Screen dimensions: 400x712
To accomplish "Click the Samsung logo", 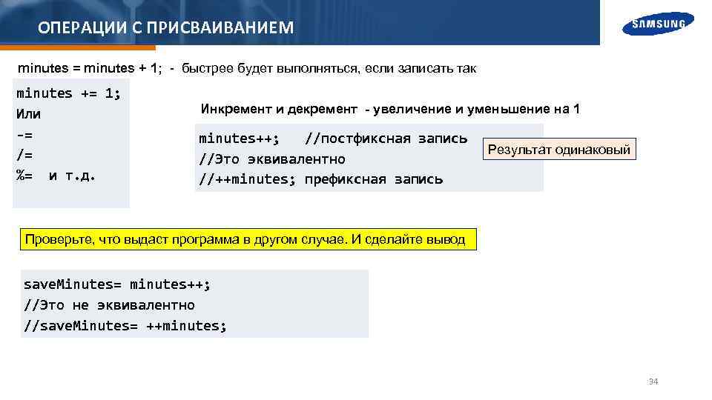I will [x=659, y=24].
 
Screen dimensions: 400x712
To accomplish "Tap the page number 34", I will [x=653, y=381].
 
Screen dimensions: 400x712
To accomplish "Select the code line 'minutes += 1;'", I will [x=68, y=93].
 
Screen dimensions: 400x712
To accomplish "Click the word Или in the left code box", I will [x=28, y=115].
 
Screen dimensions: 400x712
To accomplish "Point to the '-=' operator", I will [x=24, y=136].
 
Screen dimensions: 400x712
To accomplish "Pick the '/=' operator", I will [x=24, y=156].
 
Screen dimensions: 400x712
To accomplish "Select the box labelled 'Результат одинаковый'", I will [x=558, y=150].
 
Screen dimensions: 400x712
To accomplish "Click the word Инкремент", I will [x=237, y=110].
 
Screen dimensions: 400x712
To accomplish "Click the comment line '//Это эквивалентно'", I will [x=271, y=159].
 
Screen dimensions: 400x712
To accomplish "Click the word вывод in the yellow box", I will [x=446, y=240].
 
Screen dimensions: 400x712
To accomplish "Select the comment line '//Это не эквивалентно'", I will [x=109, y=305].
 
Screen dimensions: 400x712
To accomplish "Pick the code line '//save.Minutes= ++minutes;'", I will [x=125, y=325].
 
